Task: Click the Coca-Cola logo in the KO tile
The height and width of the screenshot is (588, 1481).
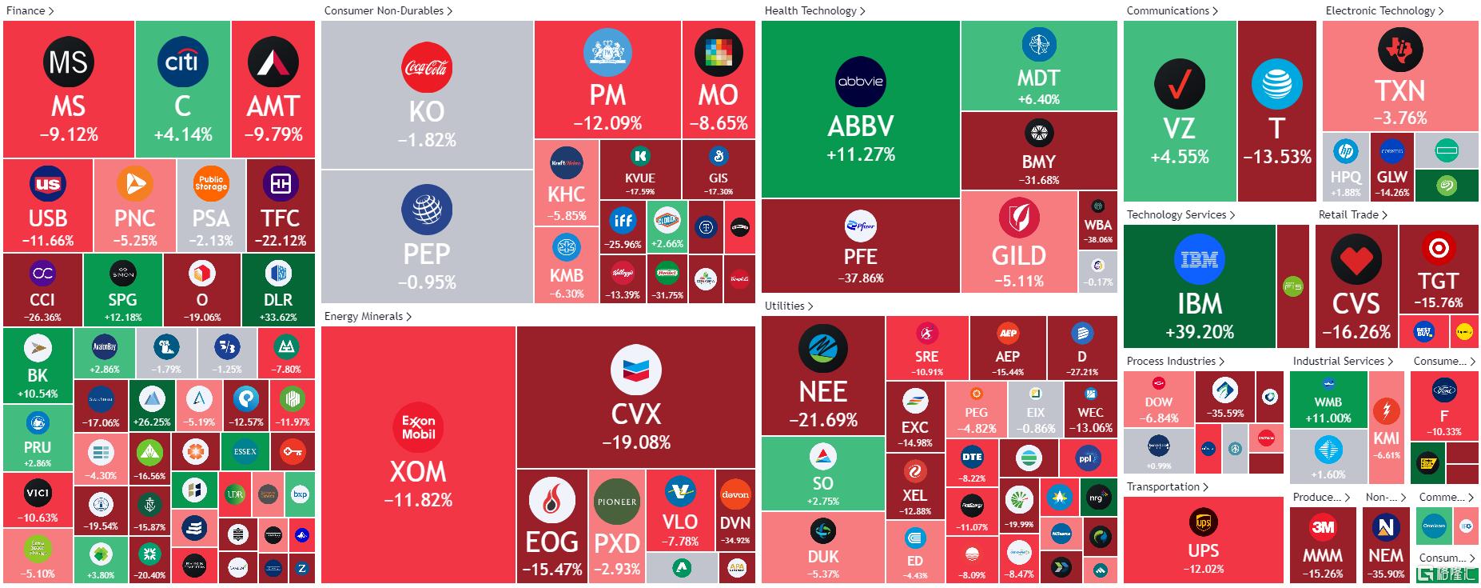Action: coord(427,68)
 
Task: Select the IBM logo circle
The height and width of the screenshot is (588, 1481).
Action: coord(1200,259)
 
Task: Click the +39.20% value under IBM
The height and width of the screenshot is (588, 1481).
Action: coord(1200,332)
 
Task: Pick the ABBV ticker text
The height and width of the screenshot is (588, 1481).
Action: coord(860,126)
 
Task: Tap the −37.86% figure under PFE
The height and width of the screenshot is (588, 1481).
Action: coord(861,278)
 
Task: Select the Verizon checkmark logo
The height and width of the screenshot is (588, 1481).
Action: coord(1179,84)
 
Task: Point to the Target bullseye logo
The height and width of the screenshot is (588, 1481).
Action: coord(1438,249)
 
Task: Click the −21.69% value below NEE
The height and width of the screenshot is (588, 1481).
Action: coord(823,420)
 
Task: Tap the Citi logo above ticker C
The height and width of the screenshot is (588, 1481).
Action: coord(182,62)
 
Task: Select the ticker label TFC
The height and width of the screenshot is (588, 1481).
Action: coord(280,218)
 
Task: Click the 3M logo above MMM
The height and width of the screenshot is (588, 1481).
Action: coord(1323,527)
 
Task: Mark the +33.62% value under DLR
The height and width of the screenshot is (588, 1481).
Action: coord(278,318)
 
